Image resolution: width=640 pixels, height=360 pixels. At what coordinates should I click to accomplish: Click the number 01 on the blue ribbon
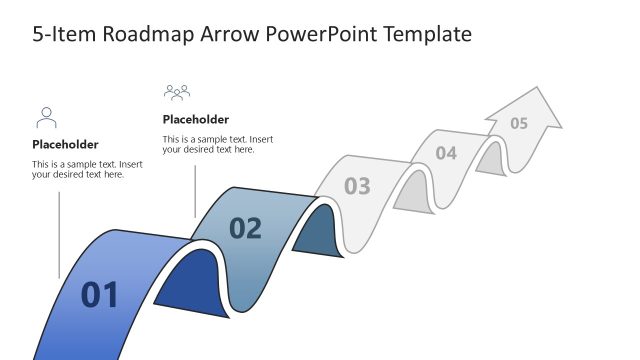[x=99, y=295]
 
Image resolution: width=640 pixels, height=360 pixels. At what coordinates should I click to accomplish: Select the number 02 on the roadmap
[x=245, y=229]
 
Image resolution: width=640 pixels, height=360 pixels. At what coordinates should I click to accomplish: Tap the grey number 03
[x=357, y=186]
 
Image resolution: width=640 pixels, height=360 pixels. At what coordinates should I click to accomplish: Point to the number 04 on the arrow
[x=446, y=153]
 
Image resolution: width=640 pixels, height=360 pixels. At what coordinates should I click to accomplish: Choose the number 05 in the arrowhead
[x=519, y=124]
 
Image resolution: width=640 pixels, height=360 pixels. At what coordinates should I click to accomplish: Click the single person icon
[x=46, y=118]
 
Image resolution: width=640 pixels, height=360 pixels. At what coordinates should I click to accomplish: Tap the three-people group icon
[x=177, y=93]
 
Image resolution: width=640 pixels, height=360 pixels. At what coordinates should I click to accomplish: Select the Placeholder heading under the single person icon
[x=65, y=144]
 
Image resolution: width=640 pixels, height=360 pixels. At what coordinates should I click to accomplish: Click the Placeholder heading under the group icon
[x=196, y=119]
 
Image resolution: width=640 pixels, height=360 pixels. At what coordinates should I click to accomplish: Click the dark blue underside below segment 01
[x=196, y=290]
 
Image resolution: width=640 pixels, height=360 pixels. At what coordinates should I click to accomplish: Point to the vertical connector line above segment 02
[x=195, y=190]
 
